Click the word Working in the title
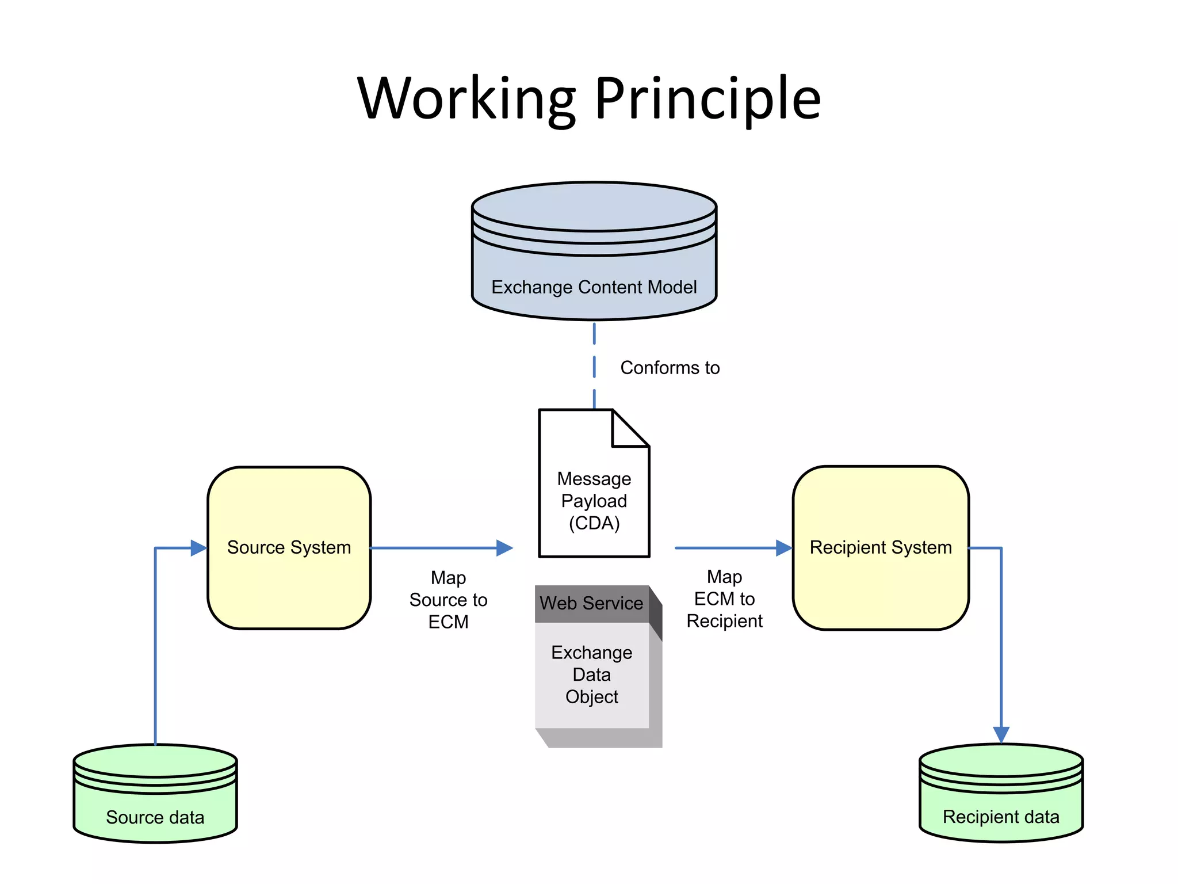(x=466, y=99)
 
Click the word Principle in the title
(x=707, y=99)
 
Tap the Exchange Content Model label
(x=594, y=287)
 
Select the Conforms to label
(x=670, y=368)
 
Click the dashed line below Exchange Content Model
(x=594, y=365)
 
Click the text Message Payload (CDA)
(x=594, y=501)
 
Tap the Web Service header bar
(x=591, y=603)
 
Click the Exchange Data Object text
(x=591, y=675)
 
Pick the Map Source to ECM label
(x=448, y=600)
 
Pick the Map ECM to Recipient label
(x=724, y=599)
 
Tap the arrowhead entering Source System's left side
(x=198, y=548)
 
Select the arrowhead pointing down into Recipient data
(x=1001, y=734)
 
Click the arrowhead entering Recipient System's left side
(x=783, y=548)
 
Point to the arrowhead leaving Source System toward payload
(x=504, y=548)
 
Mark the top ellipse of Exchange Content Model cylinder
(x=594, y=206)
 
